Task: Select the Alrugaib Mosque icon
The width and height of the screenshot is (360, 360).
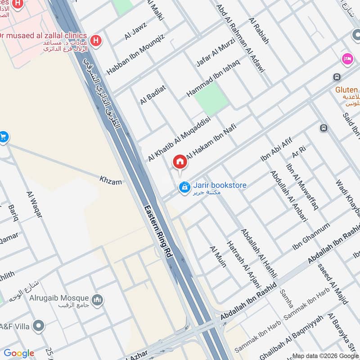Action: tap(97, 299)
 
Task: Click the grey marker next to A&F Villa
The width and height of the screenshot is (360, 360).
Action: tap(39, 325)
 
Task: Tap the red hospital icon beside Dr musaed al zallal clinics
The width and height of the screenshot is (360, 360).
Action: tap(95, 40)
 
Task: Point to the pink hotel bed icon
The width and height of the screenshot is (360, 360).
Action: tap(347, 59)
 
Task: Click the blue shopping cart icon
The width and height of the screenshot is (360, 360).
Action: tap(3, 136)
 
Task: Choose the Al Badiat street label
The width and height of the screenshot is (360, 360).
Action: tap(153, 95)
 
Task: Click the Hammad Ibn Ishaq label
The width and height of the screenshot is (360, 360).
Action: tap(213, 76)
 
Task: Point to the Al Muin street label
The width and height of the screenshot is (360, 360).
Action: tap(218, 256)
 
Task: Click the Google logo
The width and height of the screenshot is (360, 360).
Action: tap(19, 353)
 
